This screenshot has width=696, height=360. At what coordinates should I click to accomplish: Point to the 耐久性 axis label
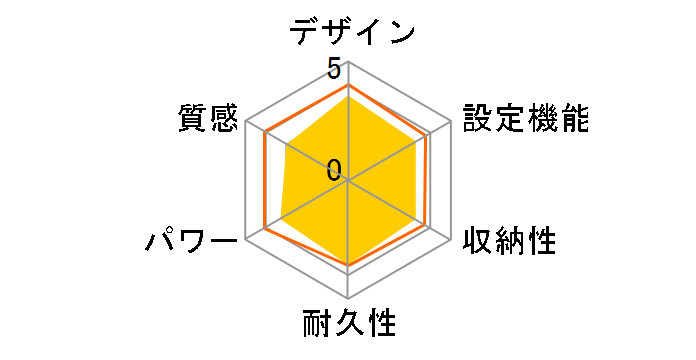[x=349, y=325]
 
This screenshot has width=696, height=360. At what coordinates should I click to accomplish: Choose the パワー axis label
[x=191, y=241]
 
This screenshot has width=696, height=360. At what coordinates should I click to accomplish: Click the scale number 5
[x=334, y=70]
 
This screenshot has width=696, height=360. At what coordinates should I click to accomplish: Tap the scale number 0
[x=334, y=168]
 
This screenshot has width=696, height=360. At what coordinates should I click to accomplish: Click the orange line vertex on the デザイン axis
[x=348, y=85]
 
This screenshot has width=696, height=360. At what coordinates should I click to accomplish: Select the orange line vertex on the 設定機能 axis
[x=428, y=136]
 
